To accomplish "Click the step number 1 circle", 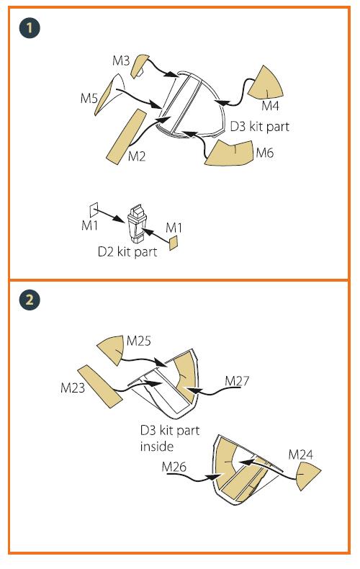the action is [x=30, y=28].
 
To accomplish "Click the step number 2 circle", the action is [x=30, y=300].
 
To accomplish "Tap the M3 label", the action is [x=121, y=61].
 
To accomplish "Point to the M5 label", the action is [x=89, y=98].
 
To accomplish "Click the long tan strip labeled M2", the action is [x=126, y=136].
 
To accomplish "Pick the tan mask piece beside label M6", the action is [x=229, y=154].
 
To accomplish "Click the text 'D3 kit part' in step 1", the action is [x=260, y=127].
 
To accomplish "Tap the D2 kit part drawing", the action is [x=138, y=223].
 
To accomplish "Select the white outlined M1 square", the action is [x=94, y=210].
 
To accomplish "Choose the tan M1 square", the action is [x=174, y=243].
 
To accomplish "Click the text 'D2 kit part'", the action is [x=127, y=252].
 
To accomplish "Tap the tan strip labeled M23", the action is [x=100, y=387].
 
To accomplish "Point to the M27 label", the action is [x=237, y=381].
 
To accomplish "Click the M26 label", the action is [x=174, y=467].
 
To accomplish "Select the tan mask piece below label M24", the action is [x=307, y=477].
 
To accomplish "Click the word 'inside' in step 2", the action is [x=157, y=446].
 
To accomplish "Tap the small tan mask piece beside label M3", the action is [x=139, y=66].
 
